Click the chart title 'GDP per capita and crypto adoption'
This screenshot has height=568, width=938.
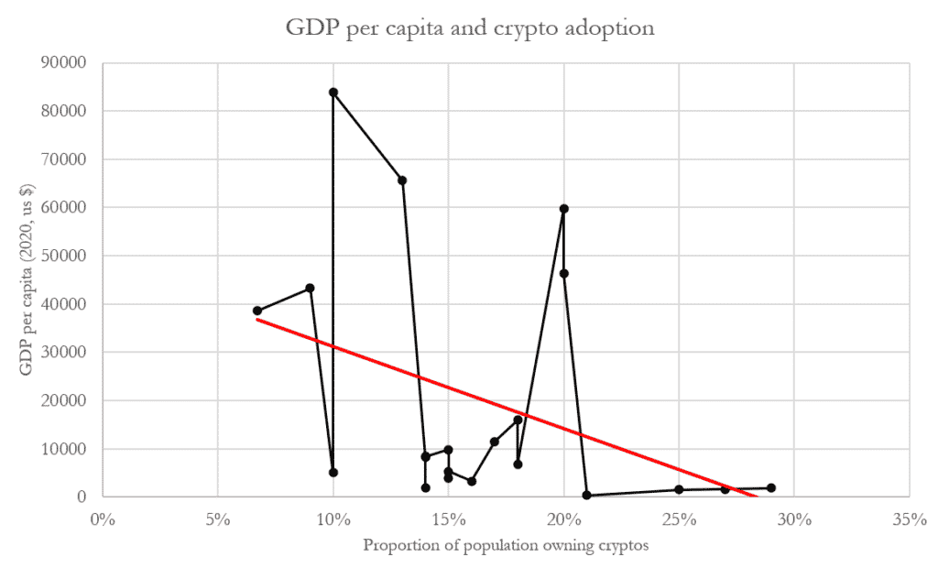click(x=469, y=28)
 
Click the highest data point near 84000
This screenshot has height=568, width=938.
click(x=333, y=93)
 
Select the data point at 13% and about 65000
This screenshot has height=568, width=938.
click(x=402, y=180)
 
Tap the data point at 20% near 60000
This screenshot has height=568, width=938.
click(x=564, y=209)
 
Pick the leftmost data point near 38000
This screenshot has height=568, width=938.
click(x=257, y=311)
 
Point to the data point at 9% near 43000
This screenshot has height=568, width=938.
click(x=310, y=288)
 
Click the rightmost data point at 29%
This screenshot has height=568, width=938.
click(x=771, y=488)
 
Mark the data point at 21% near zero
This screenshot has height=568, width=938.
click(x=587, y=496)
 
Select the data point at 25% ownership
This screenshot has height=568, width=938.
click(x=679, y=489)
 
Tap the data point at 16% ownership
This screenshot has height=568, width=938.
click(x=472, y=481)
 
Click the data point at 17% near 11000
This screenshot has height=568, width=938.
click(x=495, y=442)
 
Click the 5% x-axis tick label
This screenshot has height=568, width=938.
click(x=217, y=519)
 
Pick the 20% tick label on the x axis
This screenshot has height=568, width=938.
click(x=563, y=519)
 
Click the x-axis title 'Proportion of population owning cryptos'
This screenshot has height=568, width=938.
click(x=506, y=547)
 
